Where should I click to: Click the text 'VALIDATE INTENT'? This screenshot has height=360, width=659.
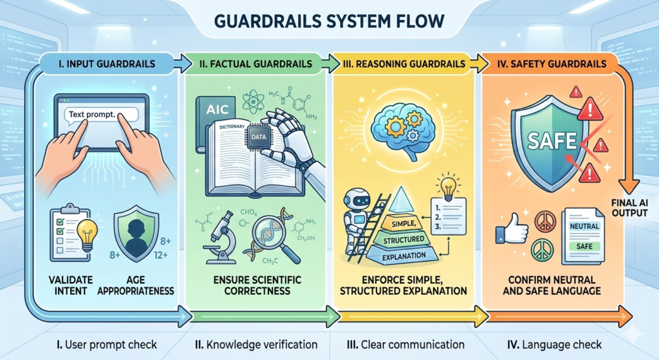70,285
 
